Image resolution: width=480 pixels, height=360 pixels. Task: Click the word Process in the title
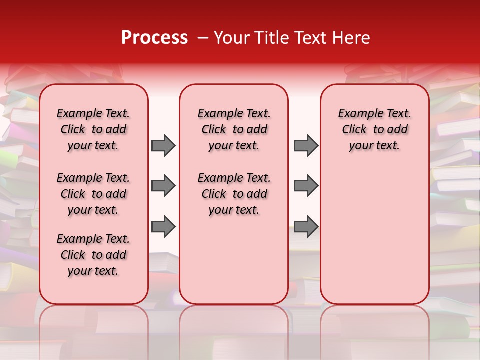154,37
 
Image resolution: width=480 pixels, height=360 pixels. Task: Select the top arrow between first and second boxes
163,145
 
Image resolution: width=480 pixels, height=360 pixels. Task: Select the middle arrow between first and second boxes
163,186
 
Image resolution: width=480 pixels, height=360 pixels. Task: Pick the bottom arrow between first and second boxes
163,227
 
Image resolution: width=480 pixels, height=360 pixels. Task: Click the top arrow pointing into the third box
306,145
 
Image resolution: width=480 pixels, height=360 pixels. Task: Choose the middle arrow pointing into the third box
306,186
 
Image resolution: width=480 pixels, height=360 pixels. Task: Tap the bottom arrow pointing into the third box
306,227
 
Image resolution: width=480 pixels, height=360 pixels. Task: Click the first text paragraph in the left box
93,129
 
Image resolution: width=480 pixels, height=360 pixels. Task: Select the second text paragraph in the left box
93,194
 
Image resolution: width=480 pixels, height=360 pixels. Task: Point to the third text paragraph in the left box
93,255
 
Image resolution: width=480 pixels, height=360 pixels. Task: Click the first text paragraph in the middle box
234,129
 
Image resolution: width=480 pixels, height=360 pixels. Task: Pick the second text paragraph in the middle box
234,194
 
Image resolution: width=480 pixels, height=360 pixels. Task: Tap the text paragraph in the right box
375,129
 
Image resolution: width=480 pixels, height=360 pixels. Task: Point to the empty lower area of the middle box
234,260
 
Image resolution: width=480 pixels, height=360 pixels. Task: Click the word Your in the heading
230,38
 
